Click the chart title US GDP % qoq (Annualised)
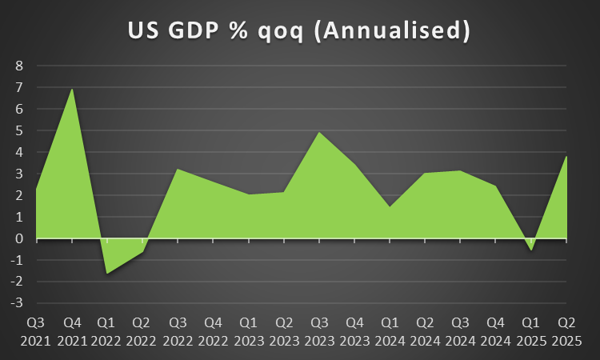click(x=299, y=30)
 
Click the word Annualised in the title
click(x=394, y=30)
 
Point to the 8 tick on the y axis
click(x=18, y=66)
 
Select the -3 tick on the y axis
click(x=16, y=303)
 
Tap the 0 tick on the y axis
click(x=18, y=238)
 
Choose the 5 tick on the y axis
click(x=18, y=130)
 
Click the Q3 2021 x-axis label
click(x=37, y=331)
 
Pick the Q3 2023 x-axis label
click(x=319, y=331)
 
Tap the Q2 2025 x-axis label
click(x=566, y=331)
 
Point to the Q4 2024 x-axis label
click(x=495, y=331)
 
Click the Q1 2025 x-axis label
click(x=530, y=331)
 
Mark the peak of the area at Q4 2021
click(x=73, y=89)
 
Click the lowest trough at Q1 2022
click(x=107, y=274)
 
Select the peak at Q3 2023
click(x=319, y=132)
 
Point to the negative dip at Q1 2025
click(x=531, y=250)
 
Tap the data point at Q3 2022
click(x=178, y=169)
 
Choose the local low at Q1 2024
click(x=390, y=206)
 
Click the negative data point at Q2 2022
click(x=142, y=252)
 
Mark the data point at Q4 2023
click(x=354, y=165)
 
